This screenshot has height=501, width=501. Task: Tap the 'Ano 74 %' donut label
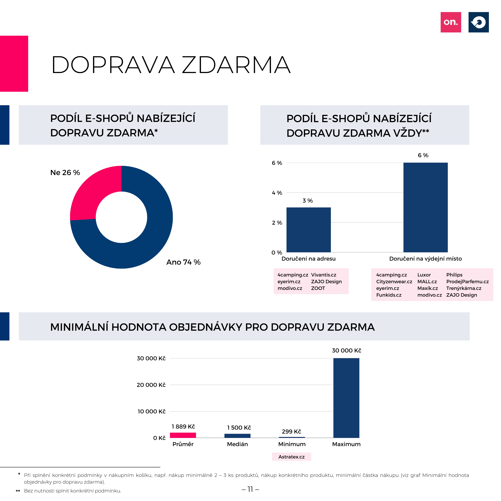coord(183,262)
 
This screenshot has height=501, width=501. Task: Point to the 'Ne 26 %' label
coord(65,172)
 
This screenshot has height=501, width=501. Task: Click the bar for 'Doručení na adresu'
coord(309,230)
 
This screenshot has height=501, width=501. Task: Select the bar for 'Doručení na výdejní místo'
coord(426,207)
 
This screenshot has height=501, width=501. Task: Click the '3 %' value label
coord(308,201)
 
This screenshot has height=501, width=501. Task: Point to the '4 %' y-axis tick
coord(277,193)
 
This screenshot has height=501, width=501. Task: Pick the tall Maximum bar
coord(346,398)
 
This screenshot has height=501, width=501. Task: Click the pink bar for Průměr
coord(183,435)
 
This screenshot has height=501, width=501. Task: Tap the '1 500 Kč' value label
coord(239,428)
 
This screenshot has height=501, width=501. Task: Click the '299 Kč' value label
coord(291,431)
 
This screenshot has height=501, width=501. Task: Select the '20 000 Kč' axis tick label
coord(151,385)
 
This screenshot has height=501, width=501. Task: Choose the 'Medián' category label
coord(237,444)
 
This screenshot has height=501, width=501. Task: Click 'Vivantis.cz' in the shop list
coord(324,275)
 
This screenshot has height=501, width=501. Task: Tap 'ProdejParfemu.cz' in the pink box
coord(468,282)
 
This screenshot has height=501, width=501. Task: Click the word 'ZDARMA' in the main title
coord(236,65)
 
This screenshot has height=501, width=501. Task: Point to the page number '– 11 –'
coord(250,489)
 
